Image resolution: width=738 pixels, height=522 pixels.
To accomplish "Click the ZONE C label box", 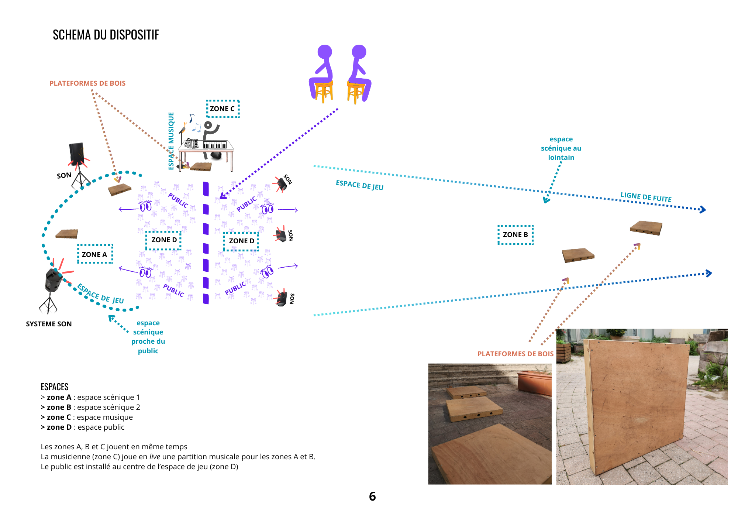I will (223, 109).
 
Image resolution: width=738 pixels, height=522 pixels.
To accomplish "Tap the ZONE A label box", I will (95, 254).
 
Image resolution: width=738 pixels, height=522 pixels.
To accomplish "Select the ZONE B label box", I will (515, 235).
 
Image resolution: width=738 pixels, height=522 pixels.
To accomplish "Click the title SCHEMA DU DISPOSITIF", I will (106, 35).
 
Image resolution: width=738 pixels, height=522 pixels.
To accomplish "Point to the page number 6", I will (372, 497).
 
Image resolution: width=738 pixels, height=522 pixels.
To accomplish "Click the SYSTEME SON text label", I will (49, 324).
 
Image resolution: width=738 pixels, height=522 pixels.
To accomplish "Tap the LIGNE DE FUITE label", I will (646, 197).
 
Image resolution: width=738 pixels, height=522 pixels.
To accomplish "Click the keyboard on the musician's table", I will (215, 145).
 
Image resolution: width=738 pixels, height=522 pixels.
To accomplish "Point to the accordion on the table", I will (191, 143).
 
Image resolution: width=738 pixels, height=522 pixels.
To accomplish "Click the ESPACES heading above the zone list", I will (55, 387).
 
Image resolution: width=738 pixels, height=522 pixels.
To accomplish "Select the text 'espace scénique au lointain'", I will (561, 148).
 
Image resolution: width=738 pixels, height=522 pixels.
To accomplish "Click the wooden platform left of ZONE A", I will (67, 234).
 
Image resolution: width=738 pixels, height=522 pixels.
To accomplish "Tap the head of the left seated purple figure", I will (325, 52).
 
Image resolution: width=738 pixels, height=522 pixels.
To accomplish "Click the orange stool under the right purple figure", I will (355, 92).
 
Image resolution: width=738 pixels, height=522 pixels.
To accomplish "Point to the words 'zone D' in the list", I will (59, 427).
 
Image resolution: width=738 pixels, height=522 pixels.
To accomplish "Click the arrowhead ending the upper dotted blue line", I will (703, 210).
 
